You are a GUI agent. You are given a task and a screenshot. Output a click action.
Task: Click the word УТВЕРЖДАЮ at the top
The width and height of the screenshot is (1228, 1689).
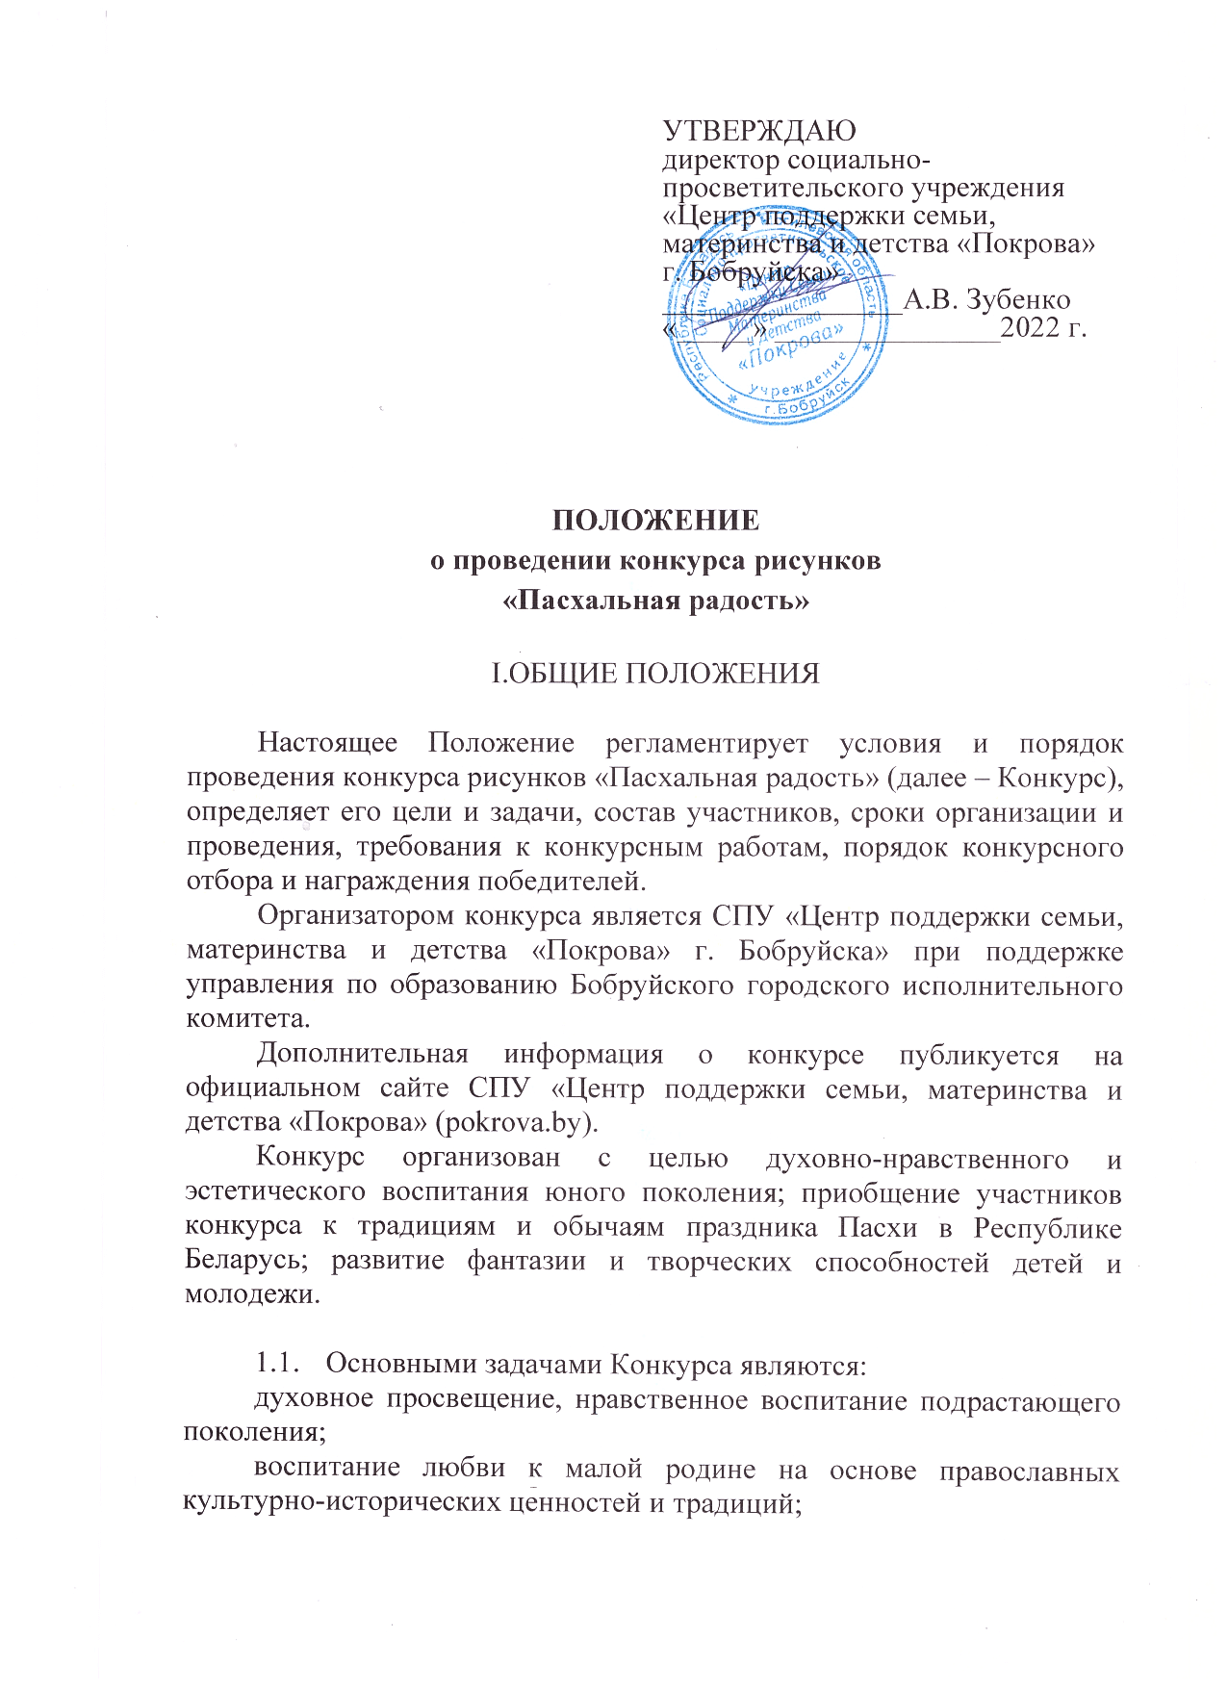pyautogui.click(x=759, y=131)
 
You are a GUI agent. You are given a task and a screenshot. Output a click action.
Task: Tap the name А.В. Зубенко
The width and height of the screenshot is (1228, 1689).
pyautogui.click(x=986, y=299)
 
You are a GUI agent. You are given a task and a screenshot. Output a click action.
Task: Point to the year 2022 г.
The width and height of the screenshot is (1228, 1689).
pyautogui.click(x=1043, y=329)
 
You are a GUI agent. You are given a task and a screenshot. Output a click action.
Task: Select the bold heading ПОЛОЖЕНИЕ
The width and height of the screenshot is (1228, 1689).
pyautogui.click(x=655, y=521)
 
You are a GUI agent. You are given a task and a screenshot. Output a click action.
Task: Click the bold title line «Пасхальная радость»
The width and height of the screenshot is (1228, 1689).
pyautogui.click(x=655, y=601)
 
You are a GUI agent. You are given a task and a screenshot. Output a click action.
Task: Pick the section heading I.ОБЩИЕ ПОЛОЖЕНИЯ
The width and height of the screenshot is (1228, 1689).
pyautogui.click(x=655, y=674)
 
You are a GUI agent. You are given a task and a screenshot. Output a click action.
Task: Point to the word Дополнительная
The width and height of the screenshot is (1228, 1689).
pyautogui.click(x=362, y=1055)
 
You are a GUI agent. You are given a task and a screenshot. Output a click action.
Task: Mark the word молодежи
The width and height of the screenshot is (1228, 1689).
pyautogui.click(x=252, y=1294)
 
